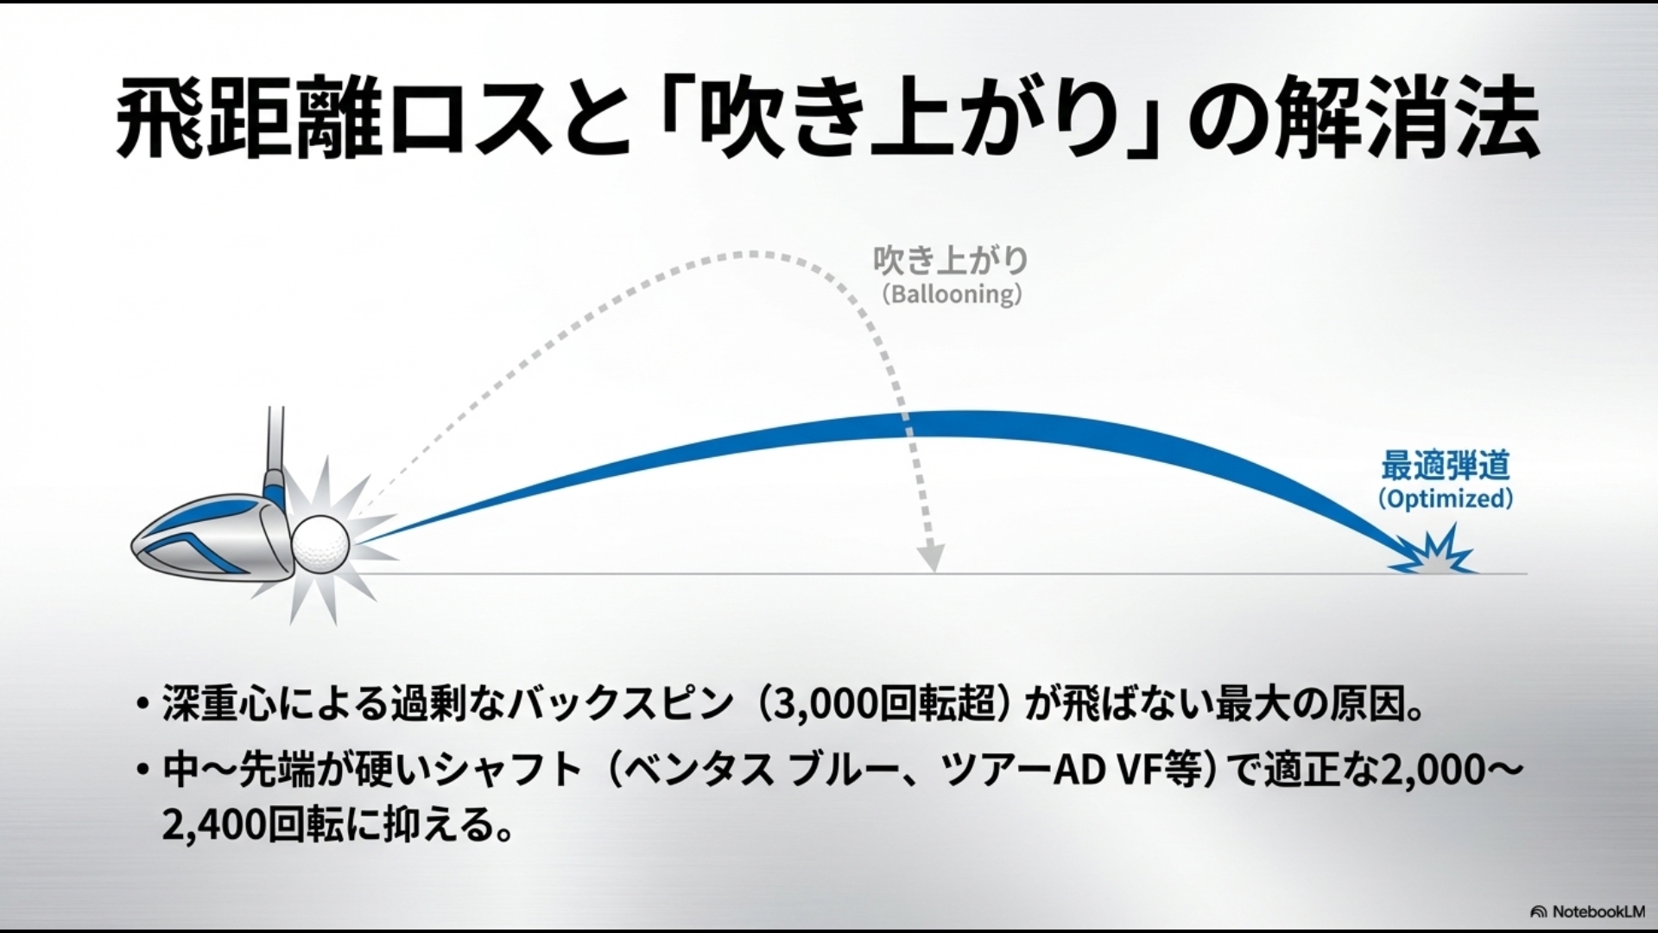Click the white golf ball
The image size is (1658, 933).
point(321,543)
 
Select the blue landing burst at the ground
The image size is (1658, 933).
point(1433,556)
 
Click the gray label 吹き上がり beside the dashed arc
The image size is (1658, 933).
point(951,260)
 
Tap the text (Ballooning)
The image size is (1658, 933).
point(952,294)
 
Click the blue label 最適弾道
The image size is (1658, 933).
point(1445,466)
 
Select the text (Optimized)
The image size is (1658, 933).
point(1445,498)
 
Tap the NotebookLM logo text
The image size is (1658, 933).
point(1592,911)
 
